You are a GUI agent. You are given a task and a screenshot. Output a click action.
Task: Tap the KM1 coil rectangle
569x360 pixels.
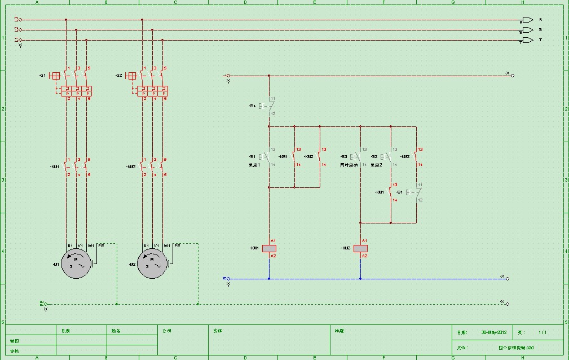tap(269, 248)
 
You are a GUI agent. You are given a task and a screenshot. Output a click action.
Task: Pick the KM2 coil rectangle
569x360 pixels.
tap(360, 248)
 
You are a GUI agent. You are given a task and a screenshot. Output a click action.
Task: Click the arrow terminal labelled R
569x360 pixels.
tap(528, 20)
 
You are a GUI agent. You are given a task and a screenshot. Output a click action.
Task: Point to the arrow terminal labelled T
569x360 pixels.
tap(528, 40)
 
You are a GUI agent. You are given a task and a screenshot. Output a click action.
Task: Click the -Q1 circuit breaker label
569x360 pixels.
tap(42, 75)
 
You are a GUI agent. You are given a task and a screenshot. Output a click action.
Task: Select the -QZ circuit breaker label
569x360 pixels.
tap(118, 75)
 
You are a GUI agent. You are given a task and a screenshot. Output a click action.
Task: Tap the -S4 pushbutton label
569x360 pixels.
tap(252, 106)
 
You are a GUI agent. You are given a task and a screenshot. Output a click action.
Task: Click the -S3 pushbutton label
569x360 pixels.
tap(343, 156)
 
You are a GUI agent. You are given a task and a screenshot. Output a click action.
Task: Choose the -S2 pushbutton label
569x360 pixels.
tap(374, 156)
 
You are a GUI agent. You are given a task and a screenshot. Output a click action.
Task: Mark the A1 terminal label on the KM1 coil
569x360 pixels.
tap(273, 241)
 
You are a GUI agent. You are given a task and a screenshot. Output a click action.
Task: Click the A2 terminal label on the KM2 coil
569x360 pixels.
tap(364, 256)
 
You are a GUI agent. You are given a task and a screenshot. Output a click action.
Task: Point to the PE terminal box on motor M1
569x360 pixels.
tap(101, 246)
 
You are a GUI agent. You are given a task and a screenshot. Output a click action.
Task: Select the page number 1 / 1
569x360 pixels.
tap(542, 332)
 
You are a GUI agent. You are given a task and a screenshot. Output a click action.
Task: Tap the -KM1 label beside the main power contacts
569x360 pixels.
tap(55, 167)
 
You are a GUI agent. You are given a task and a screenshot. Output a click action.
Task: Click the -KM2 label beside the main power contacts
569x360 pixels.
tap(131, 167)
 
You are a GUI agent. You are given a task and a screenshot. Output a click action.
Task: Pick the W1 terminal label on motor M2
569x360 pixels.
tap(167, 246)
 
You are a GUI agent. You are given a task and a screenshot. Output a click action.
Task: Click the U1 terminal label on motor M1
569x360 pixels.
tap(70, 246)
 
